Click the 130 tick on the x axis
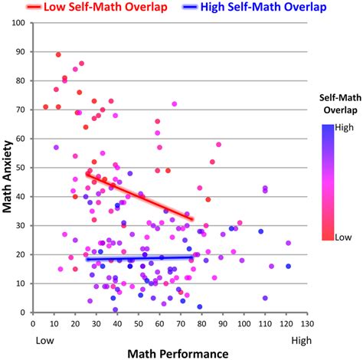click(x=308, y=323)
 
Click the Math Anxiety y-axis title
click(x=8, y=167)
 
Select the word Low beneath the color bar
click(x=339, y=238)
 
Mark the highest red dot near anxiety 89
click(x=58, y=54)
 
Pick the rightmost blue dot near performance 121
click(x=289, y=266)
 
